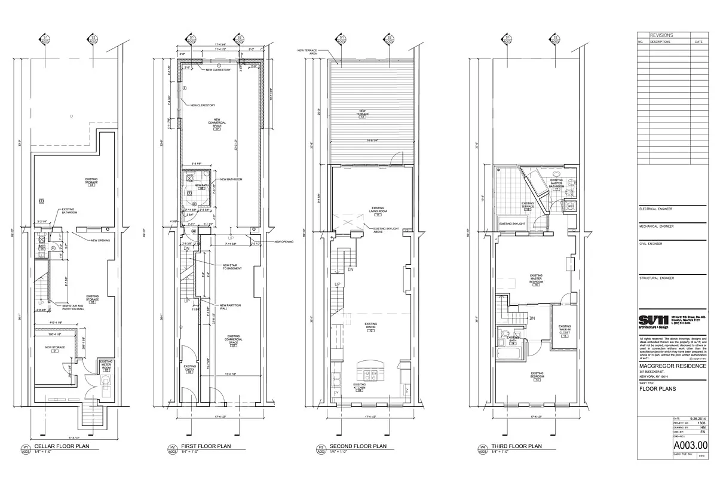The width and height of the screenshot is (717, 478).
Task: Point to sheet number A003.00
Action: coord(690,445)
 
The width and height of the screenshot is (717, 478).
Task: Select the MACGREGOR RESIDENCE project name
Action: coord(672,366)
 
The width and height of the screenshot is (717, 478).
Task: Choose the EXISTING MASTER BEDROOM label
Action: coord(537,279)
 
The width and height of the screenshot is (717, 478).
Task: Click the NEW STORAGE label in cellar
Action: coord(54,348)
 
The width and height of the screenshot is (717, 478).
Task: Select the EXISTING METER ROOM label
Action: coord(106,365)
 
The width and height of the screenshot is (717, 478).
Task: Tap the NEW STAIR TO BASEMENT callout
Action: coord(232,266)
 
